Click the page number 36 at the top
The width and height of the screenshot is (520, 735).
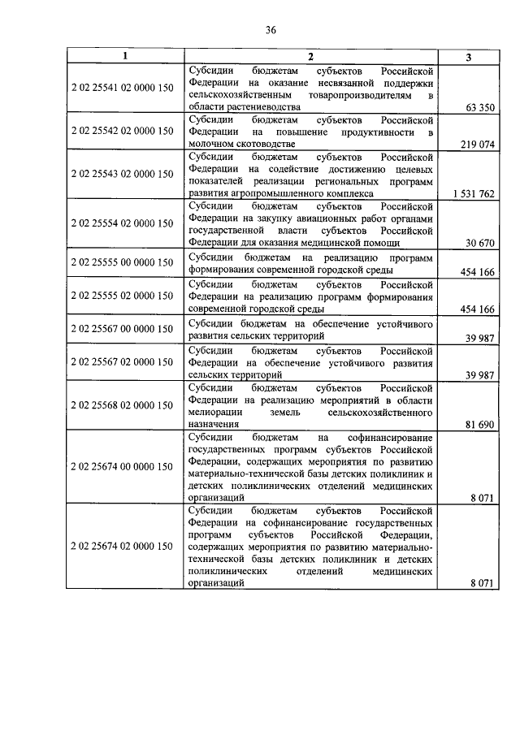[x=271, y=30]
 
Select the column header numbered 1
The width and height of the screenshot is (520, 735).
[x=124, y=55]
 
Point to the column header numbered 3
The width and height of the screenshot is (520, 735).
[x=469, y=56]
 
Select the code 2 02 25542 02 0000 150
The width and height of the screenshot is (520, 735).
[x=122, y=130]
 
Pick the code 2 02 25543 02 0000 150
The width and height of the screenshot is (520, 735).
[x=122, y=174]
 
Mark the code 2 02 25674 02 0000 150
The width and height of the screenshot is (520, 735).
[x=122, y=546]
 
